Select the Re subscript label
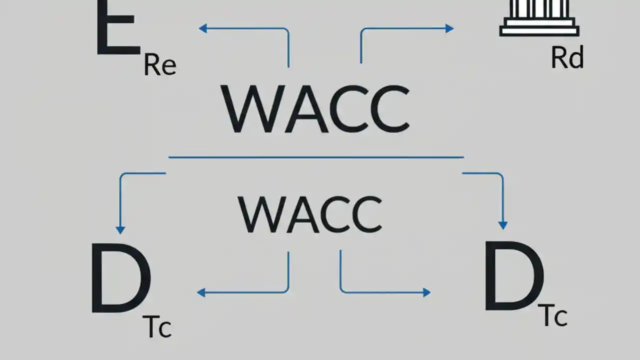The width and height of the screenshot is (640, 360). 159,65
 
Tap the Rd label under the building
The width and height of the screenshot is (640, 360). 567,58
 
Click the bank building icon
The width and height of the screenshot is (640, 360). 539,18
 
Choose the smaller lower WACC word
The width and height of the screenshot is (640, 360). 310,213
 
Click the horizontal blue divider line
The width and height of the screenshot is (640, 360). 316,157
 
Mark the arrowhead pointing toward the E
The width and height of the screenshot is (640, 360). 202,28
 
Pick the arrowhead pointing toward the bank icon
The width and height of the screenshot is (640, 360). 449,28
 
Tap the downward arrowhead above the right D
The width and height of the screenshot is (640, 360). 503,225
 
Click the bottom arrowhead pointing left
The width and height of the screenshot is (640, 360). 201,292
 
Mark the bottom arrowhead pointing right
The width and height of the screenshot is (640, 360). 426,292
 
